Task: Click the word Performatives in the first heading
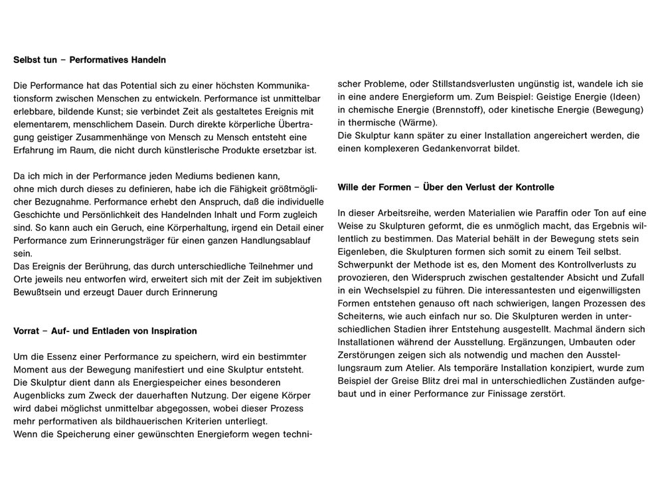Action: [x=97, y=60]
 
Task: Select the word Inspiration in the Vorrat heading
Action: [x=171, y=331]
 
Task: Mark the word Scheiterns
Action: [x=362, y=317]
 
